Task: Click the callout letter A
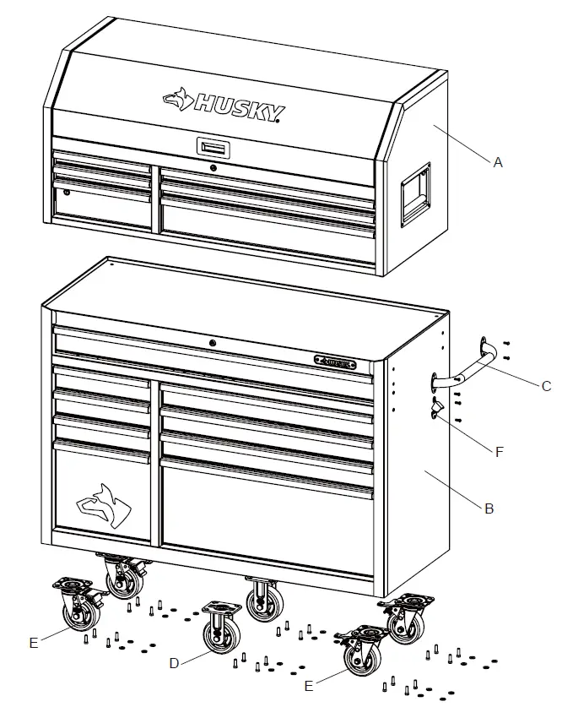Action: tap(498, 163)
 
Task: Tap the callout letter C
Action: tap(546, 386)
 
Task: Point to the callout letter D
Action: tap(174, 663)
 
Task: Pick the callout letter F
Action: tap(500, 451)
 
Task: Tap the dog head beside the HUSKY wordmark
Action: tap(178, 100)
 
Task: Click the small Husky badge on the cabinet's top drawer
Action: tap(336, 363)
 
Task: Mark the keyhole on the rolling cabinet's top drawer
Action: tap(213, 343)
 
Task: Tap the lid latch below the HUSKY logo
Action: tap(213, 148)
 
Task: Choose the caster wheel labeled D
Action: tap(219, 628)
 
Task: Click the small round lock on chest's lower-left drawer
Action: tap(67, 193)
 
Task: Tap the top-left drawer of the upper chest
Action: tap(102, 160)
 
